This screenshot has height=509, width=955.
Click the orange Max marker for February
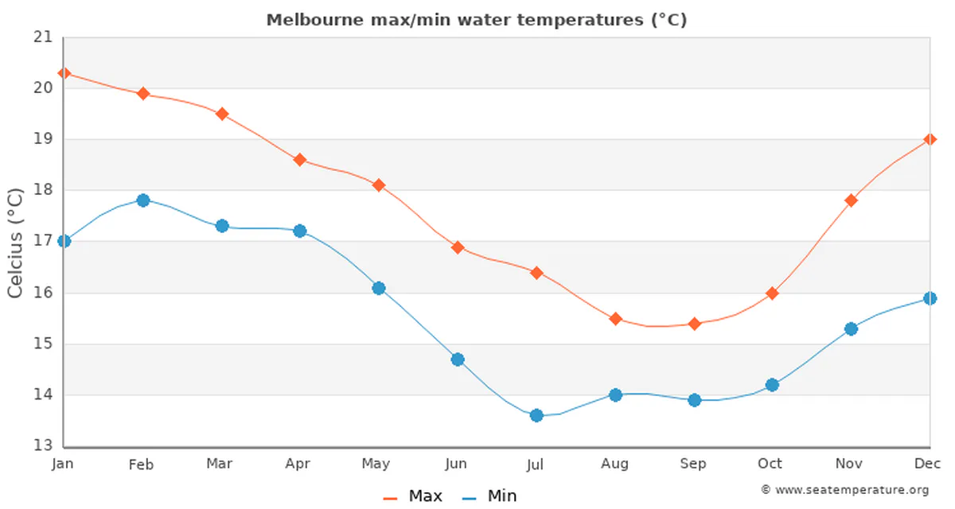pyautogui.click(x=143, y=94)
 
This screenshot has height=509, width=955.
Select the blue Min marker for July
pyautogui.click(x=536, y=415)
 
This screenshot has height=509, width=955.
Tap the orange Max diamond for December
pyautogui.click(x=930, y=139)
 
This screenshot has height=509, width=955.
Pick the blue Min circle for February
pyautogui.click(x=143, y=200)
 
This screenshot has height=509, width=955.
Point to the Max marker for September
pyautogui.click(x=694, y=324)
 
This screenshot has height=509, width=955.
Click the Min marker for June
pyautogui.click(x=458, y=359)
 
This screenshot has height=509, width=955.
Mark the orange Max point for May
pyautogui.click(x=379, y=185)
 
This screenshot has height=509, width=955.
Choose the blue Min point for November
pyautogui.click(x=851, y=328)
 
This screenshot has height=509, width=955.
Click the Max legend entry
pyautogui.click(x=413, y=496)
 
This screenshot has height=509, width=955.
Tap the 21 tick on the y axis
pyautogui.click(x=43, y=37)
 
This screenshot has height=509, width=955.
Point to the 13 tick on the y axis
pyautogui.click(x=43, y=446)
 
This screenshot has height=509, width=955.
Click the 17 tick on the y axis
pyautogui.click(x=43, y=242)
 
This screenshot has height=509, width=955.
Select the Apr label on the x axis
pyautogui.click(x=297, y=464)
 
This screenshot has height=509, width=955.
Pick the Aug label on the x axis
pyautogui.click(x=614, y=464)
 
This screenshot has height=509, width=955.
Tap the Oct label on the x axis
pyautogui.click(x=770, y=464)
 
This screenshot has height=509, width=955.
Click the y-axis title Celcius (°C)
pyautogui.click(x=15, y=243)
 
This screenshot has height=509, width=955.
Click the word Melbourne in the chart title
pyautogui.click(x=305, y=20)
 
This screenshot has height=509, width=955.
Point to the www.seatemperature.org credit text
pyautogui.click(x=845, y=490)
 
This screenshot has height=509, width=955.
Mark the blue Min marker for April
pyautogui.click(x=300, y=231)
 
